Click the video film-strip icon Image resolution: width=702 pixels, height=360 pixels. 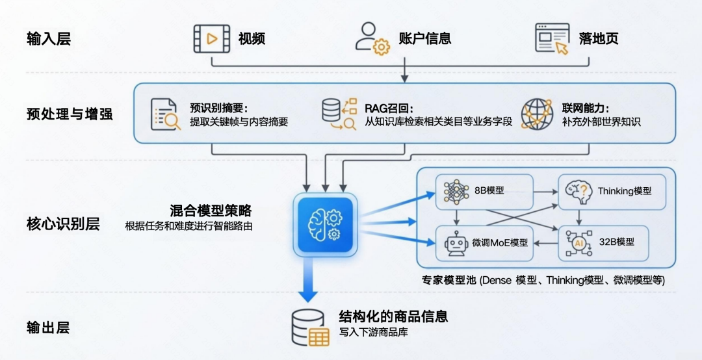point(212,38)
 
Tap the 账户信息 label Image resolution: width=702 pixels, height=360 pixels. point(424,38)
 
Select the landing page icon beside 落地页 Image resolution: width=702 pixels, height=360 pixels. point(552,38)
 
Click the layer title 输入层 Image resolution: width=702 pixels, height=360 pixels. point(49,38)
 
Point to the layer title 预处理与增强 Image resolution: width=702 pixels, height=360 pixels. point(70,114)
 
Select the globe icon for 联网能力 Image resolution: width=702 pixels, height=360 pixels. point(537,114)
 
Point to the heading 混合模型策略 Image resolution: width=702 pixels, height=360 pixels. point(211,211)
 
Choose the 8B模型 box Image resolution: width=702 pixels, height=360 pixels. point(484,191)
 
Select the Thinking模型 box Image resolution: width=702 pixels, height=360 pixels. point(611,191)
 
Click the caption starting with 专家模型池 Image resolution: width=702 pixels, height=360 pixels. point(543,280)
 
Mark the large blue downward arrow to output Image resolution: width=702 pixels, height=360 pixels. point(307,279)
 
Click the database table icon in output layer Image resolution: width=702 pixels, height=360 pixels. point(309,327)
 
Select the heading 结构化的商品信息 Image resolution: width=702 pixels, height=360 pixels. point(393,316)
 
